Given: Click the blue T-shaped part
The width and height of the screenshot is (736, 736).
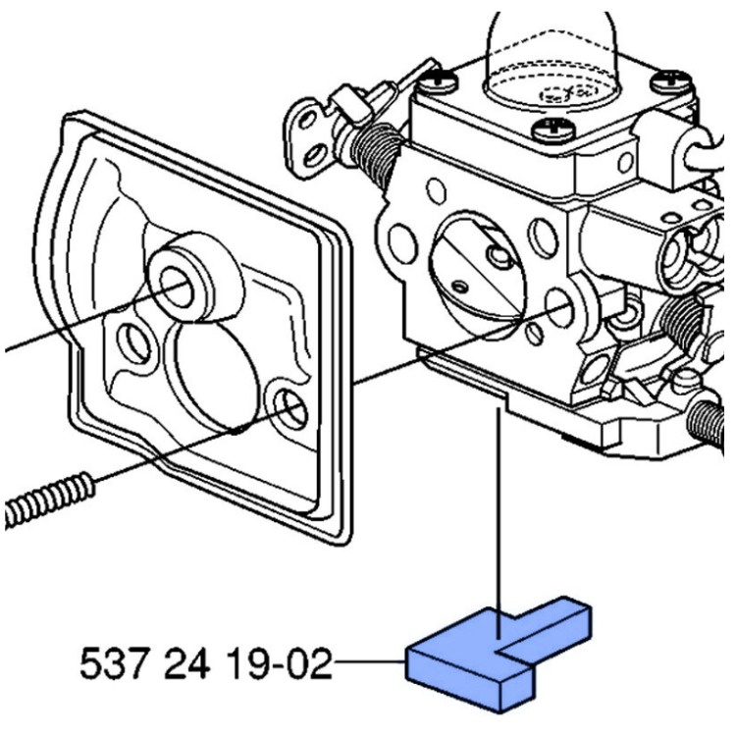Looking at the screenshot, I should click(x=491, y=653).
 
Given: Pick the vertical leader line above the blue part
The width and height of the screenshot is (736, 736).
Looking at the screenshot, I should click(x=501, y=510).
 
